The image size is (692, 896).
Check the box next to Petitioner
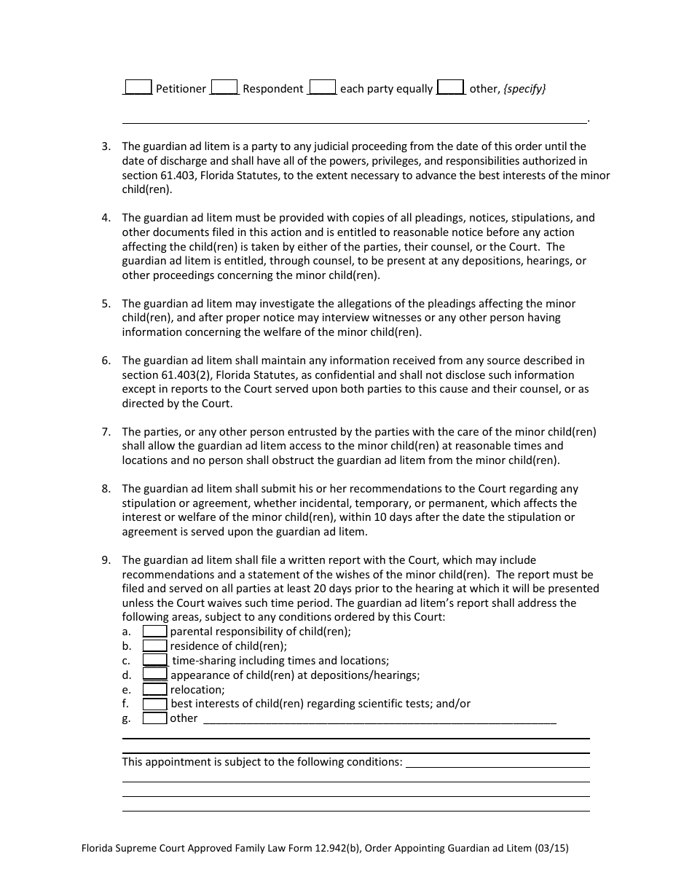[x=138, y=87]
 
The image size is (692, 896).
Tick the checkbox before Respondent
[x=224, y=87]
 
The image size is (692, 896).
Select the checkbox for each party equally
[x=322, y=87]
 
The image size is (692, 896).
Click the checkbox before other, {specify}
[x=452, y=87]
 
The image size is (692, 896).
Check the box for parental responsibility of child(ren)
[x=154, y=632]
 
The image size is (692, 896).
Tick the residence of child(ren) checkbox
[x=154, y=646]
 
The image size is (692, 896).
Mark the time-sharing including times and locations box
[x=154, y=660]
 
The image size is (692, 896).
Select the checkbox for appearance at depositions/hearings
[x=154, y=675]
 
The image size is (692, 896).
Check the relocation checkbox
[x=154, y=689]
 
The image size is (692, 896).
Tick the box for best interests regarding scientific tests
[x=154, y=704]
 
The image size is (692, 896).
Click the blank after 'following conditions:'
[x=497, y=762]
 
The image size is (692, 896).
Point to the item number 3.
[x=106, y=146]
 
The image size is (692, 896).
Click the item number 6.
[x=106, y=361]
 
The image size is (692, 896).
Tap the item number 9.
[x=106, y=560]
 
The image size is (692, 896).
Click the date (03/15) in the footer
[x=551, y=849]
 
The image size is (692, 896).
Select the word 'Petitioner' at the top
[x=181, y=89]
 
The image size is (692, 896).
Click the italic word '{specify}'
[x=524, y=89]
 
